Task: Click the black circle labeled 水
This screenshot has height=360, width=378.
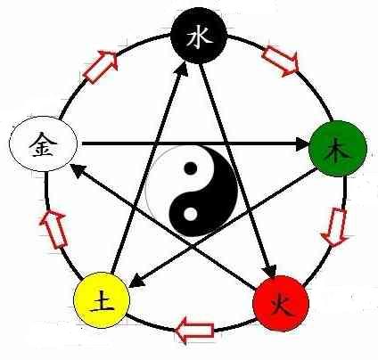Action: click(199, 36)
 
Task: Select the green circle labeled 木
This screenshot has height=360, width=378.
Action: click(338, 149)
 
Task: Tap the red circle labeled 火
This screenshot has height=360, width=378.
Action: click(281, 303)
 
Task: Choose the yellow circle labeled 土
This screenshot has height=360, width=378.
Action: click(102, 300)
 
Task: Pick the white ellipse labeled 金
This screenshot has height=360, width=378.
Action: click(44, 143)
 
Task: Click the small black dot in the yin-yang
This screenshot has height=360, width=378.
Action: click(191, 168)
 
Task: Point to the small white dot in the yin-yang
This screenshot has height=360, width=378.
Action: click(191, 214)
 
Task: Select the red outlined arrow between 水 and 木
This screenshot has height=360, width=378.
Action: click(281, 60)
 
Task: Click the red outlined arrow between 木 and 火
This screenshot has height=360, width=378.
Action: click(335, 227)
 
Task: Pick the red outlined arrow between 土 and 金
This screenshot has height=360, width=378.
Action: click(53, 230)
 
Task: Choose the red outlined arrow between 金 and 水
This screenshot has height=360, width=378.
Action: click(101, 67)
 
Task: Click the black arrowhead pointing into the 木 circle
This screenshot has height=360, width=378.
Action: click(303, 144)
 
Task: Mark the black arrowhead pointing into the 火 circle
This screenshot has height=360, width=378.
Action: click(270, 270)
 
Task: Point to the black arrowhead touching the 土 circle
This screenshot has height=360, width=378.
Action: click(137, 281)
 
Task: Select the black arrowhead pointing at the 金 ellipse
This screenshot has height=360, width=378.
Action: click(79, 171)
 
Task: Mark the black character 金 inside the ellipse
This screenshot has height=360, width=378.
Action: click(44, 144)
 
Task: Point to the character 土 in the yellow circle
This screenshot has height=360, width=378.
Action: click(102, 300)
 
